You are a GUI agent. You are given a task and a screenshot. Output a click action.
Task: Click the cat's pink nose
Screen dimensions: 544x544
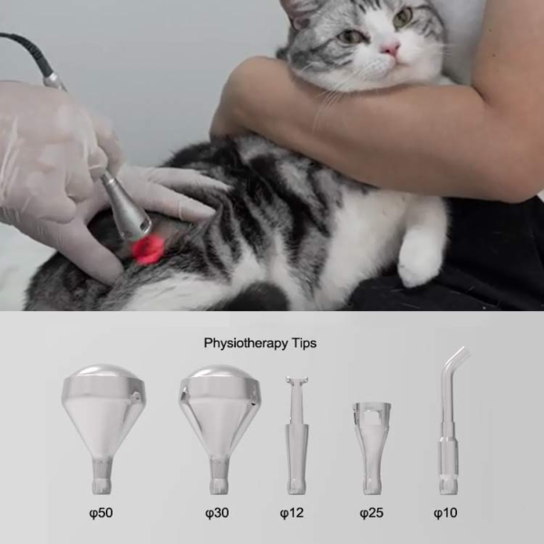391,49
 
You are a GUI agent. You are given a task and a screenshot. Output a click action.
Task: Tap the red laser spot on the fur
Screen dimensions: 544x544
147,248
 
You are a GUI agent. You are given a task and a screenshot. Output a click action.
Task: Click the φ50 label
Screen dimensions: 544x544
101,513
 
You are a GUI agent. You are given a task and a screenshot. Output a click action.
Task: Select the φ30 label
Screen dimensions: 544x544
217,513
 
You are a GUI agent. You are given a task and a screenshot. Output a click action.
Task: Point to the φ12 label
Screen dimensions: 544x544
292,513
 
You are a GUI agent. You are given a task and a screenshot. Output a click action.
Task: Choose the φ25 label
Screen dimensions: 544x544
371,513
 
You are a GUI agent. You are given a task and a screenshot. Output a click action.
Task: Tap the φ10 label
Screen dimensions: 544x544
445,513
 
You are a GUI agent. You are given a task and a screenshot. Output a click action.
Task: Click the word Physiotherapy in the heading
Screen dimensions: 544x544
246,343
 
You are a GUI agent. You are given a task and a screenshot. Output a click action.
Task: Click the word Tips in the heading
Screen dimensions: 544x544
304,343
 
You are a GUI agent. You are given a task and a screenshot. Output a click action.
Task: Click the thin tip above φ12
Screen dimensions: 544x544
296,435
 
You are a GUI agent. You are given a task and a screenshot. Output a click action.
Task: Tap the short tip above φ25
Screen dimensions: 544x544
372,448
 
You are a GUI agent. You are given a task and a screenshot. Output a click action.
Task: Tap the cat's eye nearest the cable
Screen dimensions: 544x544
348,35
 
